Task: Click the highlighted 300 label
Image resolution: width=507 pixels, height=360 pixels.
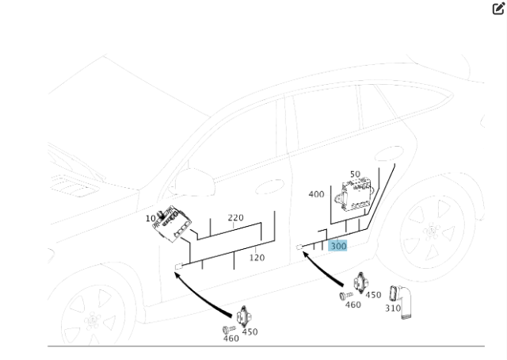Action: point(338,246)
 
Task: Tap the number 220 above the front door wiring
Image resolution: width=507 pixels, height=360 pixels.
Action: point(235,217)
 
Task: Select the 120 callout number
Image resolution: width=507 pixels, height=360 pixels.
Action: point(257,258)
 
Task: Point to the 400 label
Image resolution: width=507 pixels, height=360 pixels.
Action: point(316,194)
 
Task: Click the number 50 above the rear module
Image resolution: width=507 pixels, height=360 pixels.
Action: point(354,174)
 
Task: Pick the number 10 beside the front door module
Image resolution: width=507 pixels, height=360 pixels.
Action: point(151,218)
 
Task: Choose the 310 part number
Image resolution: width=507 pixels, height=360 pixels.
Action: point(393,308)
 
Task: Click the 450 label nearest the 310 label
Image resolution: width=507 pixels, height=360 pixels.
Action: point(373,295)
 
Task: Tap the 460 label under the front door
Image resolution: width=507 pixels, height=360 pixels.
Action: point(231,339)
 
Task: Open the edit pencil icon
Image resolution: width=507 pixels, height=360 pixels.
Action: point(498,9)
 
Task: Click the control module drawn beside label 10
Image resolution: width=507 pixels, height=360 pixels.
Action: point(173,224)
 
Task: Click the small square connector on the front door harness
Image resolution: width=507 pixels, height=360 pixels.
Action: point(178,266)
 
